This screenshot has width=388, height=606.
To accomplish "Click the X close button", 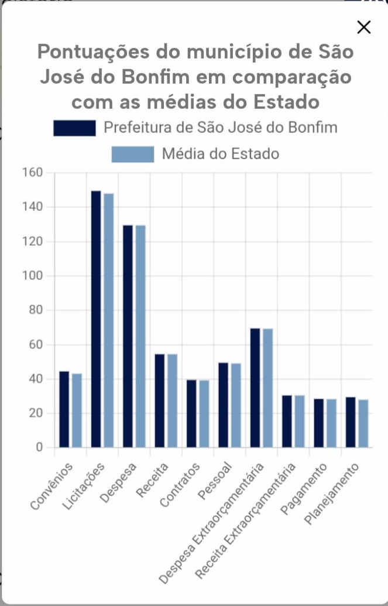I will (x=364, y=28).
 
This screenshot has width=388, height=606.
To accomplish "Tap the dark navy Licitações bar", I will (x=96, y=319).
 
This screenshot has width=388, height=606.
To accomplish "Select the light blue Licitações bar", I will (x=109, y=320).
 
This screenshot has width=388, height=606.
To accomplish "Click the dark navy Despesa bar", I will (x=128, y=337).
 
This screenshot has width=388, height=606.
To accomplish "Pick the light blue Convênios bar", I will (x=77, y=410).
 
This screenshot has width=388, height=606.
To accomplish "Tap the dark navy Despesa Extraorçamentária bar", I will (x=255, y=388).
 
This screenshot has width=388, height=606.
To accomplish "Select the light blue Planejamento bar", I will (x=363, y=423).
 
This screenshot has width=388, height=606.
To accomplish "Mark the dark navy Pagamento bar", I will (x=319, y=423).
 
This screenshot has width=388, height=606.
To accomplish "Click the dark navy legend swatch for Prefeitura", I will (x=74, y=128).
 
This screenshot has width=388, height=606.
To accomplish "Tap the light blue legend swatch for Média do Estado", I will (x=133, y=154).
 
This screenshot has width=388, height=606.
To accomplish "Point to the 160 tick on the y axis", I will (x=33, y=173).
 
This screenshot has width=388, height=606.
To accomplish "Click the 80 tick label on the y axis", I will (x=36, y=310).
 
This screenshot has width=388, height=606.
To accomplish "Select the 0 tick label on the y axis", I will (x=40, y=448).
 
